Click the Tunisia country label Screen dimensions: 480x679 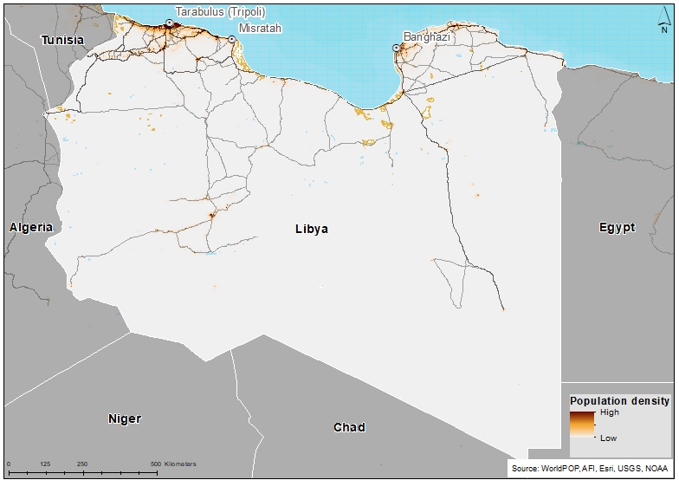63,41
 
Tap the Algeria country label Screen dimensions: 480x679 31,227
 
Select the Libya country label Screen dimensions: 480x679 312,230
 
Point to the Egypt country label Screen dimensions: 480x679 617,228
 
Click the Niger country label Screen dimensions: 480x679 124,419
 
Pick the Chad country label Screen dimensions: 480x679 349,427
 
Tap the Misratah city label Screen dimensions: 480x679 260,28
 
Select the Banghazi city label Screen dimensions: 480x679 428,36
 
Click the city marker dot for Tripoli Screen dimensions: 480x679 169,23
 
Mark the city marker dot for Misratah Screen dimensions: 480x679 232,38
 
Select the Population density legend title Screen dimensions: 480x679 618,401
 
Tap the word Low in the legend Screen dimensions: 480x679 609,438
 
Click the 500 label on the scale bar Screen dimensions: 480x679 156,464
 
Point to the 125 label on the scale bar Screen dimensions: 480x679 45,464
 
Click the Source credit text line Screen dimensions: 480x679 590,468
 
